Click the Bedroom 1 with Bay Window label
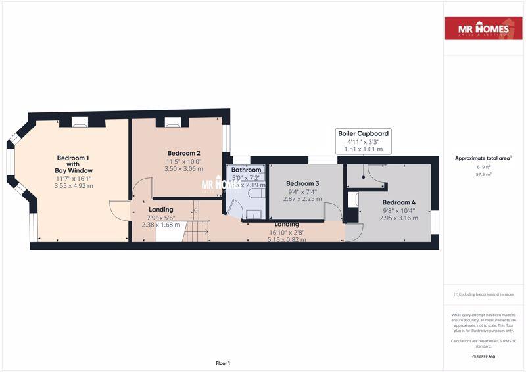tap(73, 164)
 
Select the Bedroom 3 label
tap(302, 183)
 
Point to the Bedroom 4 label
tap(399, 202)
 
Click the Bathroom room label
tap(247, 170)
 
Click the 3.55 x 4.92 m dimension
tap(73, 186)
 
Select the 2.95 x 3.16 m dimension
tap(399, 218)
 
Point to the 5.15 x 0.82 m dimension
tap(286, 239)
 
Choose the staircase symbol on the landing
tap(196, 231)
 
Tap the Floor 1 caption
tap(223, 363)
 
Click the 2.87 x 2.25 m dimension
tap(302, 198)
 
